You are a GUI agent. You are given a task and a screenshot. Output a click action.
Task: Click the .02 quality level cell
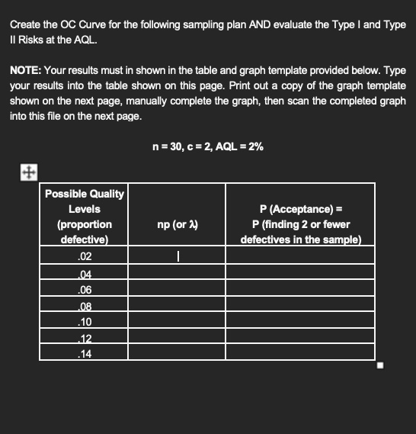84,257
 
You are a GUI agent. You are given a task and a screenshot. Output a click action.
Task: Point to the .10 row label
84,322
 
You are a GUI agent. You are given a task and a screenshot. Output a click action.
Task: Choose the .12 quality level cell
84,338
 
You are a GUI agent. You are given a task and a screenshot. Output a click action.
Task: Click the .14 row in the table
84,353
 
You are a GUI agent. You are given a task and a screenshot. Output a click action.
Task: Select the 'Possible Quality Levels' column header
84,216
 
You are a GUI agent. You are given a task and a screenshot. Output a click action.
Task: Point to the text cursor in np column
178,258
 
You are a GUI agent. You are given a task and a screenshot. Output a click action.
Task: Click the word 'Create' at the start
27,25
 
